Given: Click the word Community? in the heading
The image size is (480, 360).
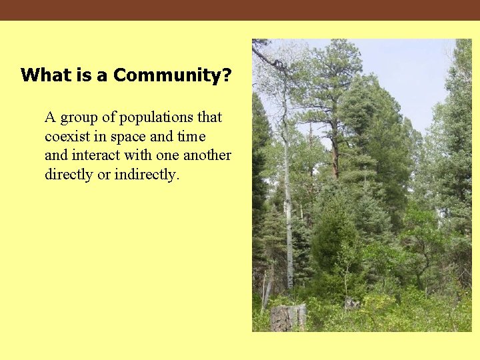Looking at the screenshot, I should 173,75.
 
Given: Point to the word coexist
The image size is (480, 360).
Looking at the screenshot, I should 69,137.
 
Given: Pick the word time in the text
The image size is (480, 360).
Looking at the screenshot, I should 191,137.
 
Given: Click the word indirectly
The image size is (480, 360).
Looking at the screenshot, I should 147,175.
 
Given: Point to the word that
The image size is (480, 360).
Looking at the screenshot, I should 209,117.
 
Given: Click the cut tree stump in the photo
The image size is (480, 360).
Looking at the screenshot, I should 289,317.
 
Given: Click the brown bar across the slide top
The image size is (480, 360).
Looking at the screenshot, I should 240,10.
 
